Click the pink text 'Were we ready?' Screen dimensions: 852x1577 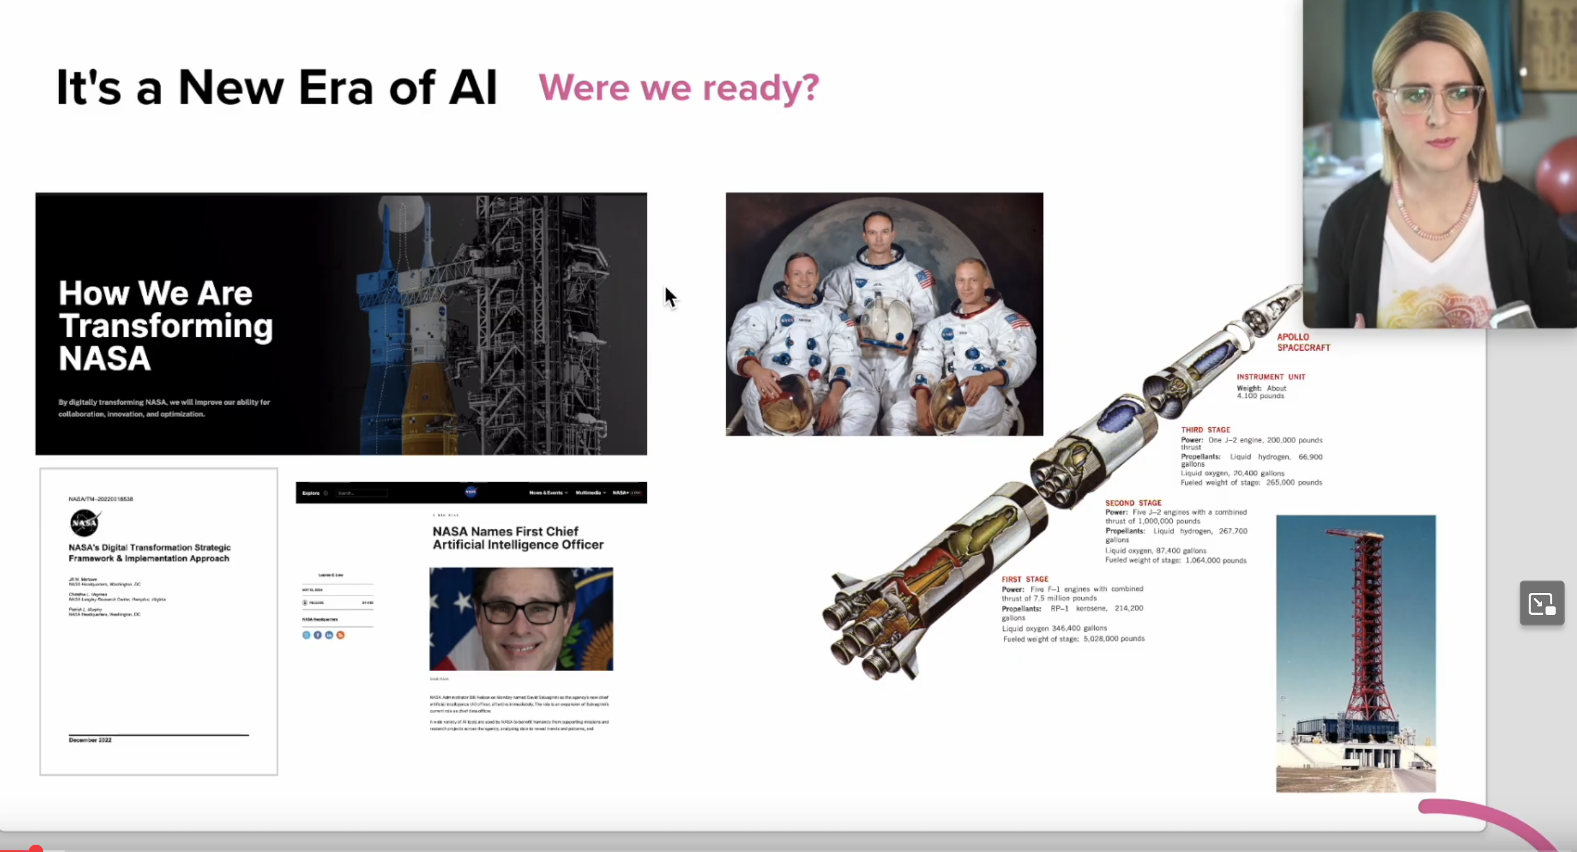[x=678, y=88]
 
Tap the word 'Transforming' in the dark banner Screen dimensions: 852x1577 [x=165, y=325]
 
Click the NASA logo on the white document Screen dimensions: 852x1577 [x=84, y=522]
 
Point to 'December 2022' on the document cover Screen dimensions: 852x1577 [x=90, y=740]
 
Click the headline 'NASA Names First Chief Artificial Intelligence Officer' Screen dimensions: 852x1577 [x=517, y=538]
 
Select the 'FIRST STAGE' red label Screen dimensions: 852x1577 [x=1025, y=579]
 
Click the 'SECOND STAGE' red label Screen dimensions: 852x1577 [x=1132, y=503]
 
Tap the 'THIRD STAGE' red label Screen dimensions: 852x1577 [x=1205, y=430]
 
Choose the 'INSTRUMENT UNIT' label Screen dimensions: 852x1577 [x=1270, y=377]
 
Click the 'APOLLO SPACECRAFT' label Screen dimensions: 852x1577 [x=1303, y=342]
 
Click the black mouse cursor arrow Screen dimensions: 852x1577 [x=670, y=297]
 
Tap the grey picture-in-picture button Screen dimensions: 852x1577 [x=1541, y=603]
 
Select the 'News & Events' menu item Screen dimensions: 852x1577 [x=547, y=493]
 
